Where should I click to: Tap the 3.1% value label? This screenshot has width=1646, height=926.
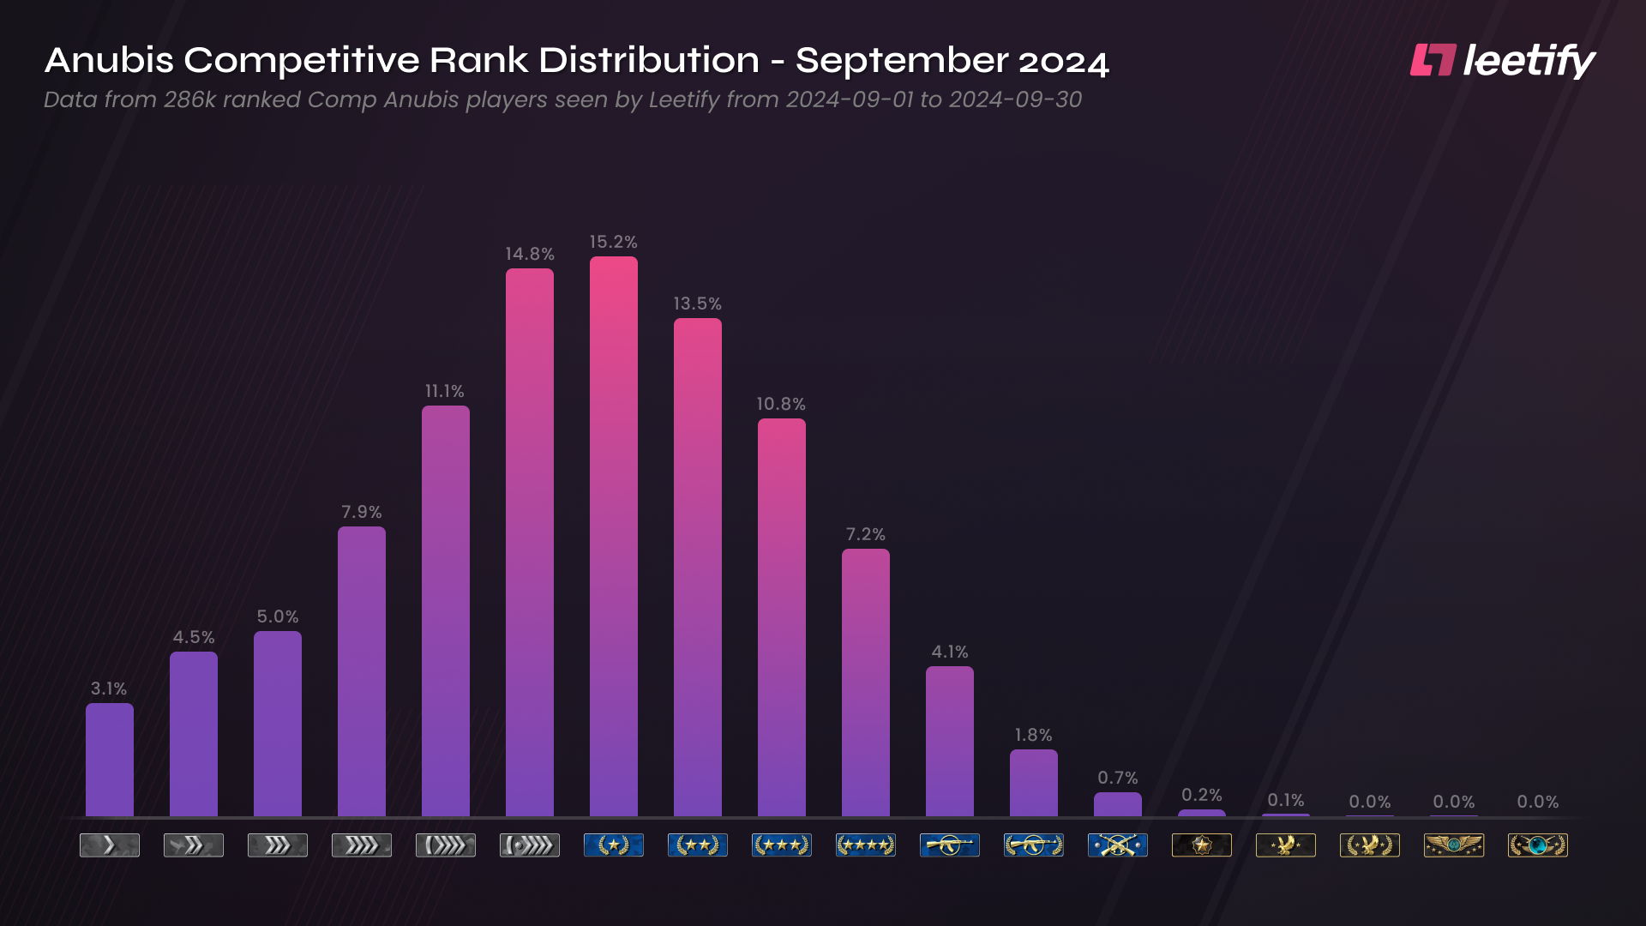click(x=109, y=688)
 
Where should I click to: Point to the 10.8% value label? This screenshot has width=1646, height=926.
click(x=780, y=404)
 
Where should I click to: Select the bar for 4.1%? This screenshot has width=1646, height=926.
click(x=949, y=741)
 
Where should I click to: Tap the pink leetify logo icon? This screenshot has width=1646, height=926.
click(x=1433, y=60)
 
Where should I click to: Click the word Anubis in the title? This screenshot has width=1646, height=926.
click(x=109, y=61)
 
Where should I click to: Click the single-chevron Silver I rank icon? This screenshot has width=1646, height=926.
click(x=109, y=845)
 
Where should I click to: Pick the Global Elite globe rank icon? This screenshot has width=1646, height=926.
click(x=1537, y=845)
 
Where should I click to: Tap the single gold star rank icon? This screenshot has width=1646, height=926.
click(x=613, y=845)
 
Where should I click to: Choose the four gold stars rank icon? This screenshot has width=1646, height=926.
click(x=865, y=845)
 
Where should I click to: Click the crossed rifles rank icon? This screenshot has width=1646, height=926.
click(x=1117, y=845)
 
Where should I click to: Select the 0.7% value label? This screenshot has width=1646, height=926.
click(x=1117, y=778)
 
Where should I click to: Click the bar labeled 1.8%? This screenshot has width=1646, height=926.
click(x=1033, y=783)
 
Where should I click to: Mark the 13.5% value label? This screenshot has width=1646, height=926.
click(x=697, y=304)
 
